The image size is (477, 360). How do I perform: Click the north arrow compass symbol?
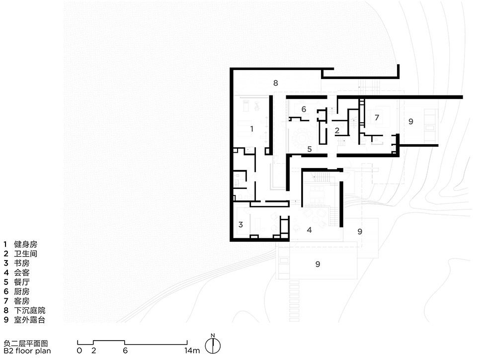[213, 345]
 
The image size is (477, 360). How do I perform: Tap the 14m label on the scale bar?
[192, 351]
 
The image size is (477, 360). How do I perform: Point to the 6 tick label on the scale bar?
[125, 351]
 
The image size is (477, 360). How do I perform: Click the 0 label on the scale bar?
[79, 351]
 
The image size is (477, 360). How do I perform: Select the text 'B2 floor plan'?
[27, 351]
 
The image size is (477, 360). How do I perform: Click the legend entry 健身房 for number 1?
[25, 244]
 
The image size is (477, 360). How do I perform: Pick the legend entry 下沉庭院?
[29, 310]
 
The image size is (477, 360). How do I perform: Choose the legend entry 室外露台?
[29, 320]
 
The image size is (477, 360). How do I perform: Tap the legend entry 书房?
[21, 263]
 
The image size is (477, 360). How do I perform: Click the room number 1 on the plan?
[251, 129]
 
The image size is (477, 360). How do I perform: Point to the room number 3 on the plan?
[240, 225]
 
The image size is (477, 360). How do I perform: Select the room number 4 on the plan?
[310, 230]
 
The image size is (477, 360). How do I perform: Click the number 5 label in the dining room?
[310, 149]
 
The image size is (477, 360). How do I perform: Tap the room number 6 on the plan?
[304, 109]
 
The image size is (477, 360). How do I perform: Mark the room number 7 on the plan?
[377, 117]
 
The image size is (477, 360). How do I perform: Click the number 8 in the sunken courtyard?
[276, 83]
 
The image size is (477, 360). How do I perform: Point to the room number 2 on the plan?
[337, 131]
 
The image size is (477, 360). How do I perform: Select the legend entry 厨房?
[21, 291]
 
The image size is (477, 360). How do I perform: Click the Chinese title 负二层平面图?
[26, 344]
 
